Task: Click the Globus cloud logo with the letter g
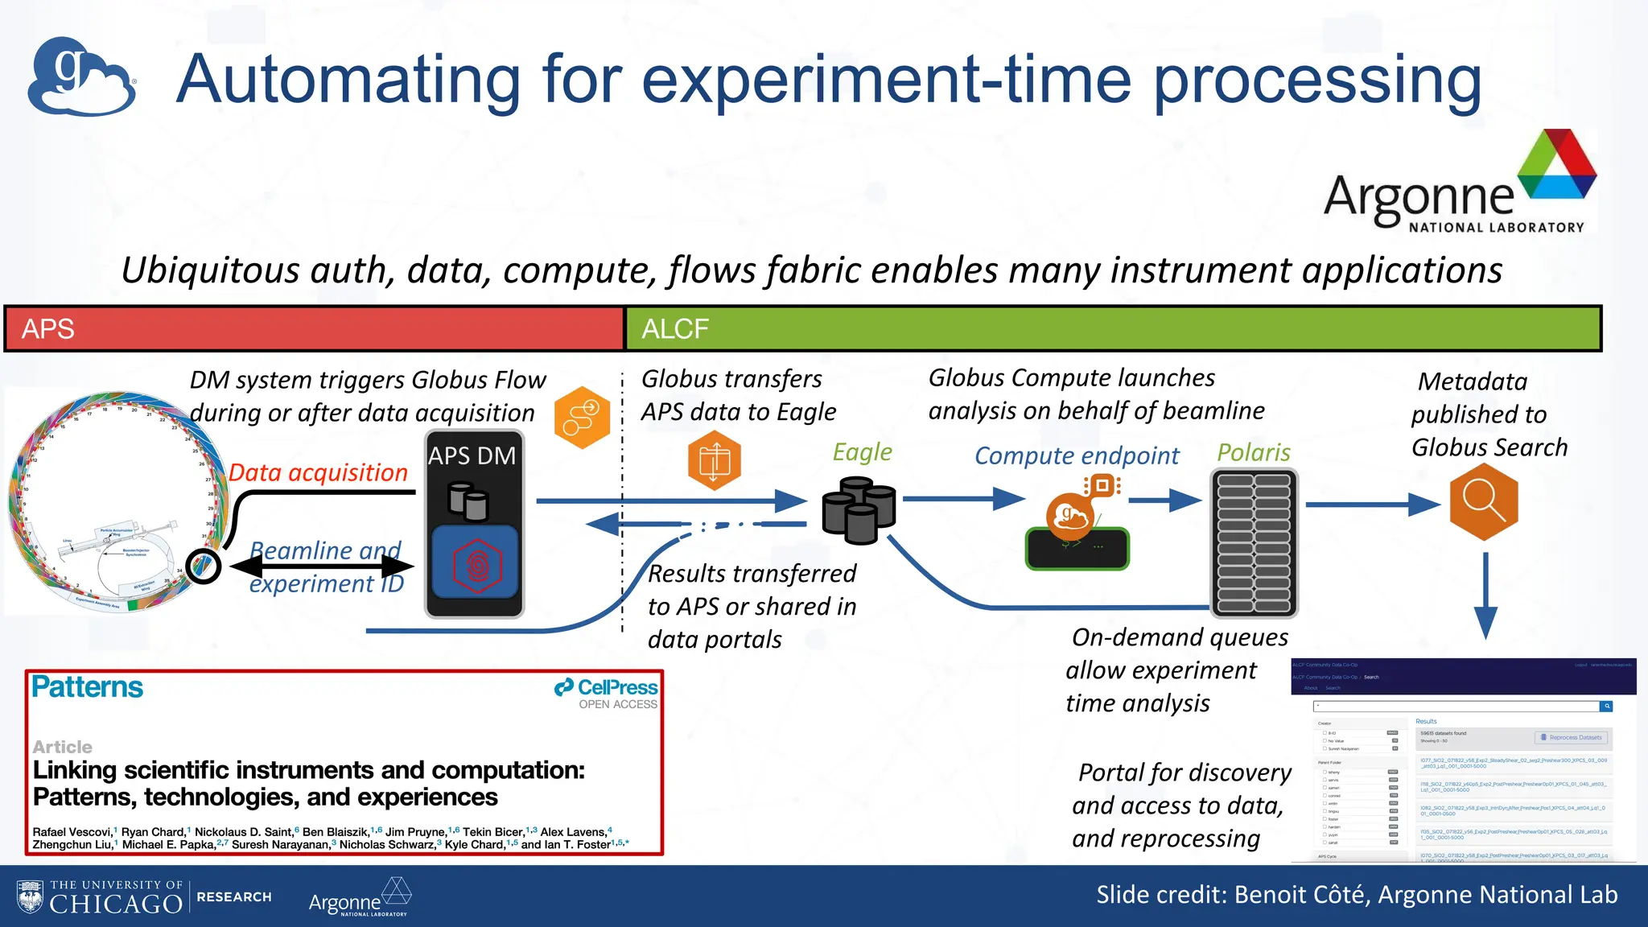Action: pos(80,76)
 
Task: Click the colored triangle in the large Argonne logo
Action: pos(1557,165)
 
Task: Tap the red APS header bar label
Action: pos(48,329)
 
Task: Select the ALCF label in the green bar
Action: pos(674,329)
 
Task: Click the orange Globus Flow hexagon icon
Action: pos(582,418)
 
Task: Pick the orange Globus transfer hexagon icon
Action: pos(714,460)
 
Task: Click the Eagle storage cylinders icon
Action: pos(859,510)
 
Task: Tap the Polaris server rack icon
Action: pos(1254,543)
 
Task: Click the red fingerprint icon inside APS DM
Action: pos(476,565)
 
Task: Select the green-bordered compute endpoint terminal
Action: pos(1077,548)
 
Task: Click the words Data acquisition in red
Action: pos(318,472)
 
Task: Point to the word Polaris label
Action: pos(1253,452)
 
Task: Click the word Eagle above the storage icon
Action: pos(862,452)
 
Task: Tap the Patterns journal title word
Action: pos(87,687)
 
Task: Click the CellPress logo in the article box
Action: pos(606,688)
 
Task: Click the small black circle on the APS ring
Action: pos(203,566)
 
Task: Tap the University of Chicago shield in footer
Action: pos(31,896)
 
